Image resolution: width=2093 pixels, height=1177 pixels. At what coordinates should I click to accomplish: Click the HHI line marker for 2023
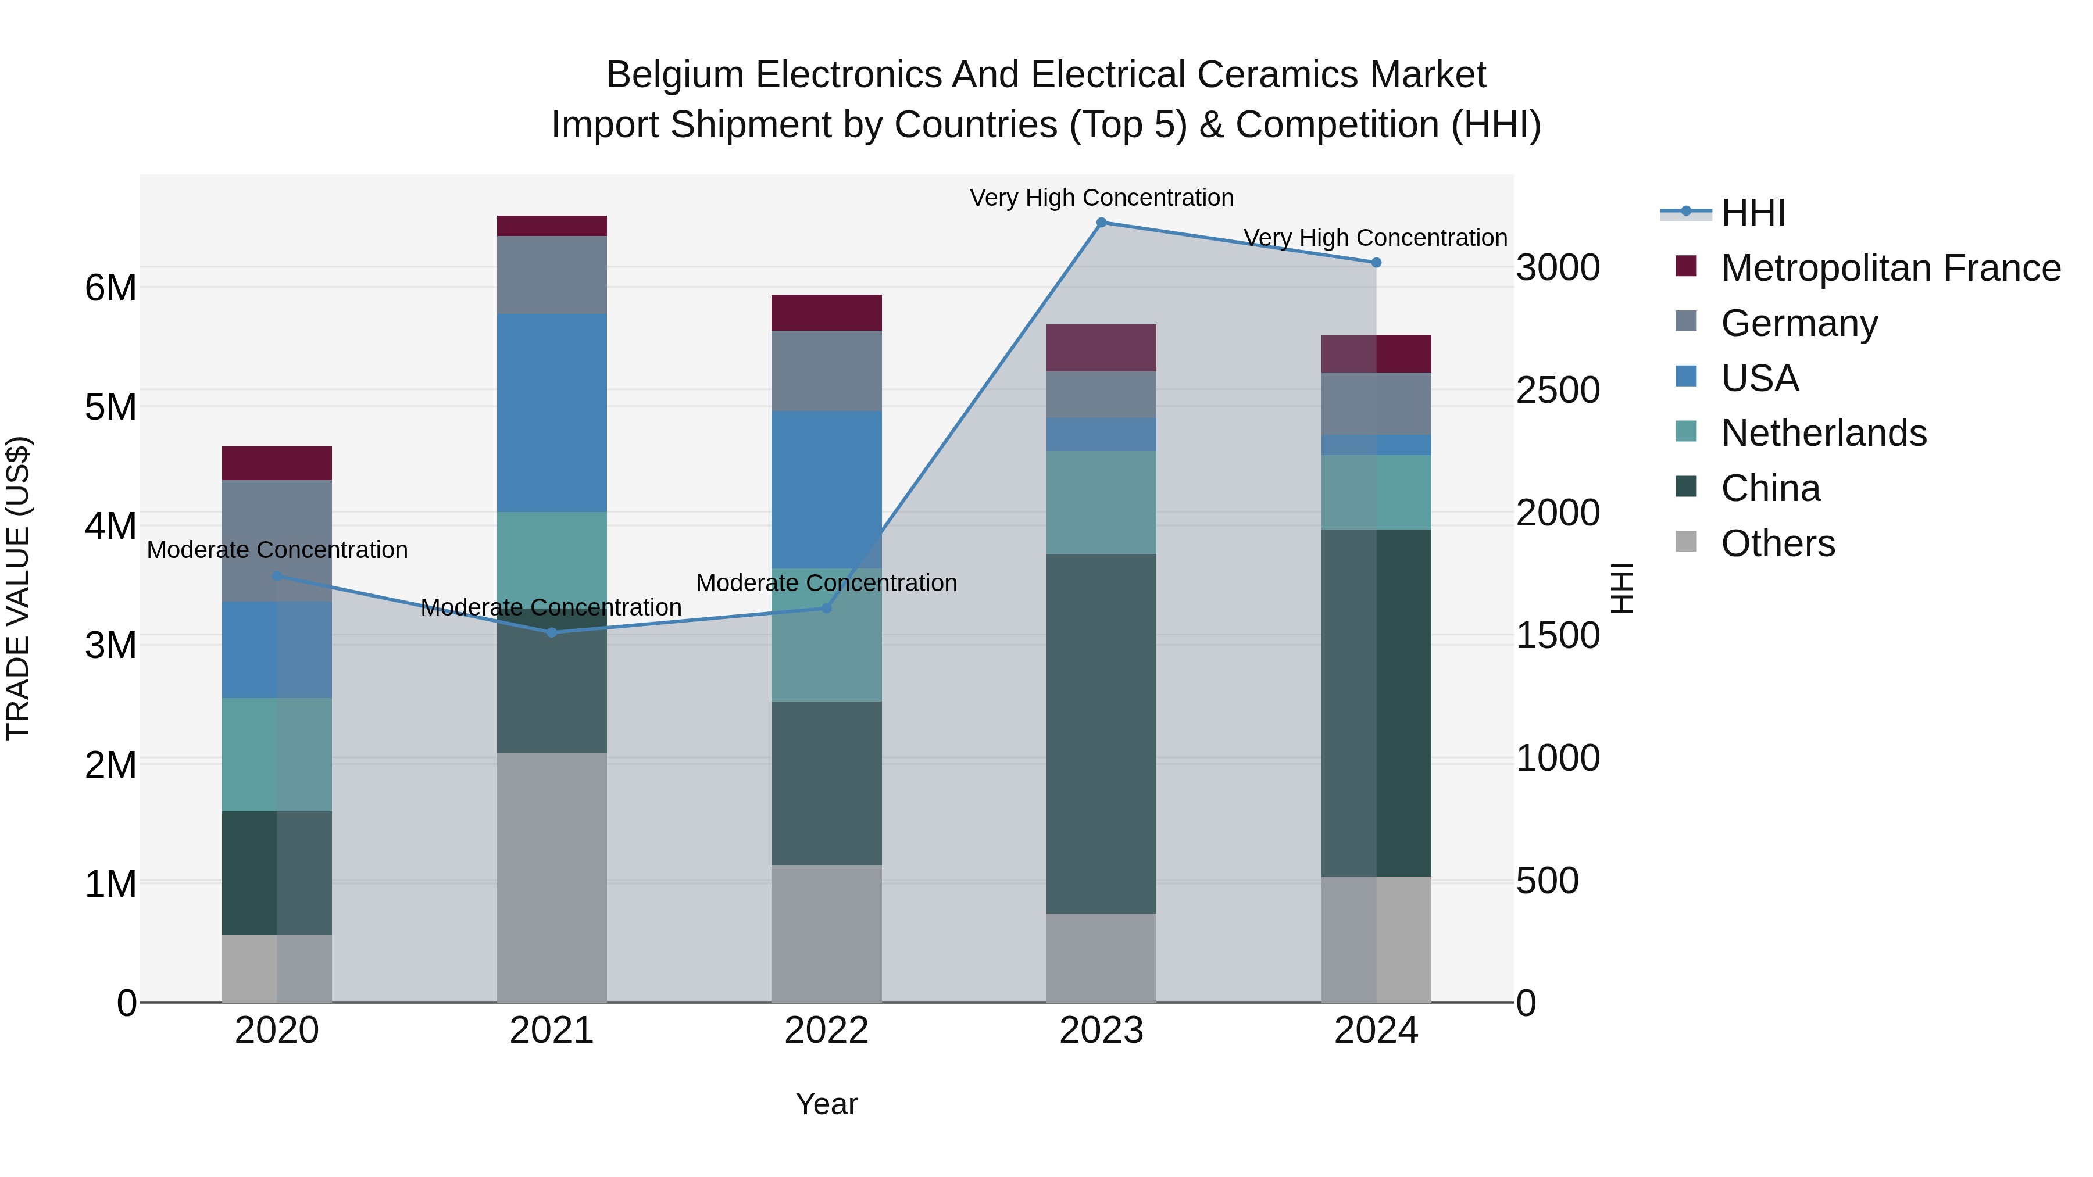point(1101,223)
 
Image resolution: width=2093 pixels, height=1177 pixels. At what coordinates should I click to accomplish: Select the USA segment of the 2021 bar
point(552,413)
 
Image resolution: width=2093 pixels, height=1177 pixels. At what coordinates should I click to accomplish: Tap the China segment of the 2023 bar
point(1101,734)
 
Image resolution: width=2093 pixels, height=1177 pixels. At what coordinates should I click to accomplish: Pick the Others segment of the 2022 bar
point(826,933)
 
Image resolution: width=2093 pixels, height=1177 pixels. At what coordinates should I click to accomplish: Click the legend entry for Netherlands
point(1823,433)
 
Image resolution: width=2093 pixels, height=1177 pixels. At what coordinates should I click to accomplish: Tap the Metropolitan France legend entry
point(1890,268)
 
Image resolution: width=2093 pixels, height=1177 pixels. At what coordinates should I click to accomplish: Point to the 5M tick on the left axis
point(110,407)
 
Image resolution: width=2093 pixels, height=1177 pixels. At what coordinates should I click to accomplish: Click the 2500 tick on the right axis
point(1558,390)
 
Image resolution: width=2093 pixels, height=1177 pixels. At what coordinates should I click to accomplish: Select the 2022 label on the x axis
point(826,1031)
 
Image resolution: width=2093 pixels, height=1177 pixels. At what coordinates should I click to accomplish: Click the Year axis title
point(826,1104)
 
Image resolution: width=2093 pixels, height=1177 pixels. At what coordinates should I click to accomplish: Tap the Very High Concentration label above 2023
point(1101,198)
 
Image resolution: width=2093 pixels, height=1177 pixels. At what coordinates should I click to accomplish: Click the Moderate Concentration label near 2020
point(277,550)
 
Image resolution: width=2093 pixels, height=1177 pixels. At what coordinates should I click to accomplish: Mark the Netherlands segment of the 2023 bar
point(1101,502)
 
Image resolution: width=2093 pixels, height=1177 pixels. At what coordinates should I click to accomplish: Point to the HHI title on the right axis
point(1621,588)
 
